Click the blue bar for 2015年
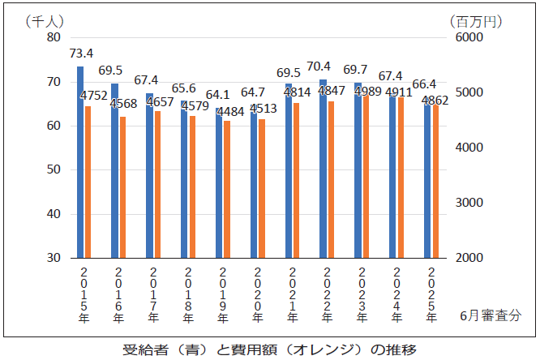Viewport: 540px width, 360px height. [x=80, y=162]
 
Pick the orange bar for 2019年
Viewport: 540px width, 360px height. [x=227, y=190]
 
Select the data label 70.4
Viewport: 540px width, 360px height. [x=320, y=66]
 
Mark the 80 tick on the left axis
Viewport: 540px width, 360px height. [x=54, y=37]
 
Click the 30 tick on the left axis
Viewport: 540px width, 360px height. [x=54, y=258]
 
